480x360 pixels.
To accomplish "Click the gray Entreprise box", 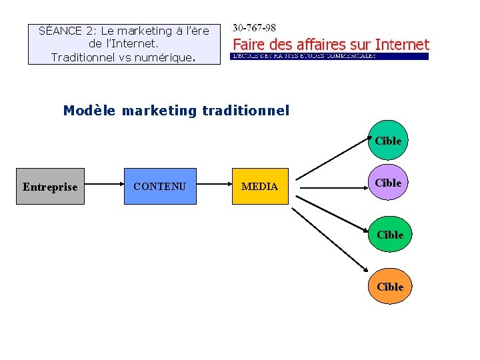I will (x=50, y=186).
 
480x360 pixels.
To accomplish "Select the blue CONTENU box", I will (x=160, y=186).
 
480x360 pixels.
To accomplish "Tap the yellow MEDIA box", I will (x=259, y=186).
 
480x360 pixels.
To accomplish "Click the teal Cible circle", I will (x=387, y=141).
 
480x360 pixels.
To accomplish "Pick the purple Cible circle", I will (x=387, y=183).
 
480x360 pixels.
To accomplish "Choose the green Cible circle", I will (x=389, y=235).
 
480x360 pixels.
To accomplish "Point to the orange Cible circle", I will (x=389, y=287).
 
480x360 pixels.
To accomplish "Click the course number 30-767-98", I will (x=254, y=29).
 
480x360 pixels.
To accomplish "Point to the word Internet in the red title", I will (x=402, y=45).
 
